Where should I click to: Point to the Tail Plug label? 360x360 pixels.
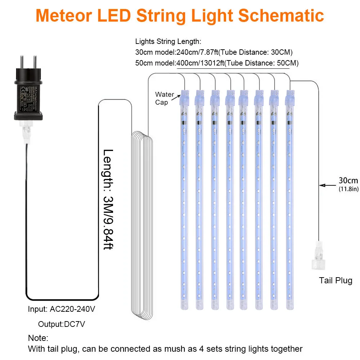(336, 280)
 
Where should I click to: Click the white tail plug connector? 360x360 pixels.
(318, 254)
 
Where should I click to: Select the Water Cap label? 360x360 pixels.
(165, 98)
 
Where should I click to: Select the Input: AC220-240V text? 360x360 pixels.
(62, 309)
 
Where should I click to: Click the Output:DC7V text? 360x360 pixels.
(62, 324)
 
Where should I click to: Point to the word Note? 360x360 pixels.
(38, 338)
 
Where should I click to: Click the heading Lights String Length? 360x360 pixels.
(168, 41)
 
